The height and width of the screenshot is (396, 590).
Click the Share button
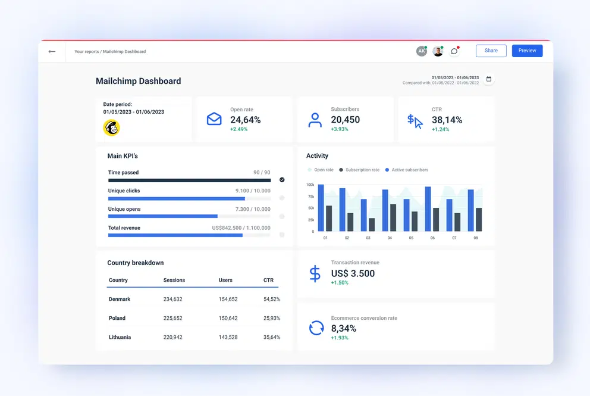pos(491,51)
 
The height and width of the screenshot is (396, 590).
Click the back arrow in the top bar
pos(52,51)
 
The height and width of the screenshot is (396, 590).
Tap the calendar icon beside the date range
pos(488,79)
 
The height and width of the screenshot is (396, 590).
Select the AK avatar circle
pos(421,51)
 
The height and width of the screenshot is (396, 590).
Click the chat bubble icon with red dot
pos(454,51)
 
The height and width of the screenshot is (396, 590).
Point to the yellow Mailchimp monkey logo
pos(111,127)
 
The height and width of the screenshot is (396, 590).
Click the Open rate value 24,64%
pos(245,120)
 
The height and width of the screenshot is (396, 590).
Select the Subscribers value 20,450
pos(345,120)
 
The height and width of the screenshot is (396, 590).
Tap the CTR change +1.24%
pos(440,129)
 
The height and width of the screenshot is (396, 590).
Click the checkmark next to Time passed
pos(282,179)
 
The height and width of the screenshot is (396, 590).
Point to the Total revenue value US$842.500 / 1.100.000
pos(241,228)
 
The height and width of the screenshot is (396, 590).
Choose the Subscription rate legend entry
pos(359,170)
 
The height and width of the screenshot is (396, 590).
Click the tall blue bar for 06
pos(428,209)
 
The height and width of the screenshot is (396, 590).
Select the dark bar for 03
pos(372,224)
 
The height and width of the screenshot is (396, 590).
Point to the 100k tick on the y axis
pos(310,185)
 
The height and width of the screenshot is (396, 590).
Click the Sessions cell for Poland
pos(172,318)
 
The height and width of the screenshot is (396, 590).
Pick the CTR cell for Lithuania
pos(271,337)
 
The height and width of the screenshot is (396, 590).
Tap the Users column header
pos(225,280)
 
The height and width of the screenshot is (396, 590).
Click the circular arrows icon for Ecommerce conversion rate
pos(316,328)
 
